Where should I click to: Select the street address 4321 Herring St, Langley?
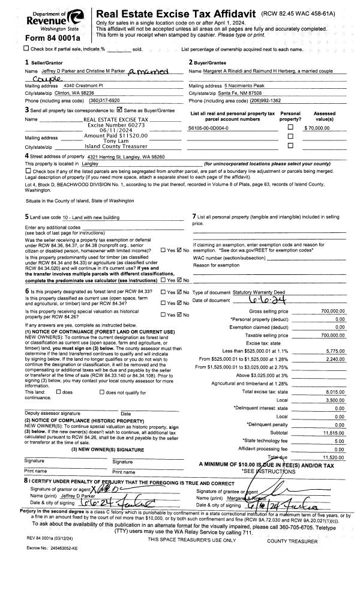pos(119,157)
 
